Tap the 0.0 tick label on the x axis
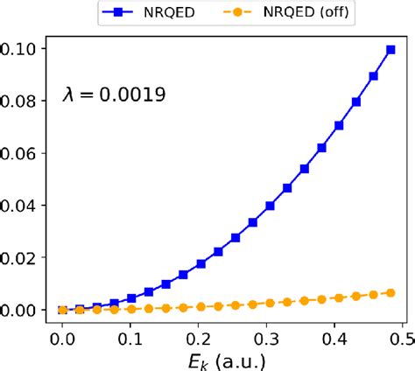pyautogui.click(x=62, y=333)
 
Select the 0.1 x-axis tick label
pyautogui.click(x=131, y=333)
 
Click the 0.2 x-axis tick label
pyautogui.click(x=200, y=333)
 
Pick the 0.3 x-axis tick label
pyautogui.click(x=270, y=333)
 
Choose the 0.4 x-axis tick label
pyautogui.click(x=339, y=333)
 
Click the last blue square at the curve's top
pyautogui.click(x=390, y=50)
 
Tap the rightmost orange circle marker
pyautogui.click(x=390, y=293)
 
